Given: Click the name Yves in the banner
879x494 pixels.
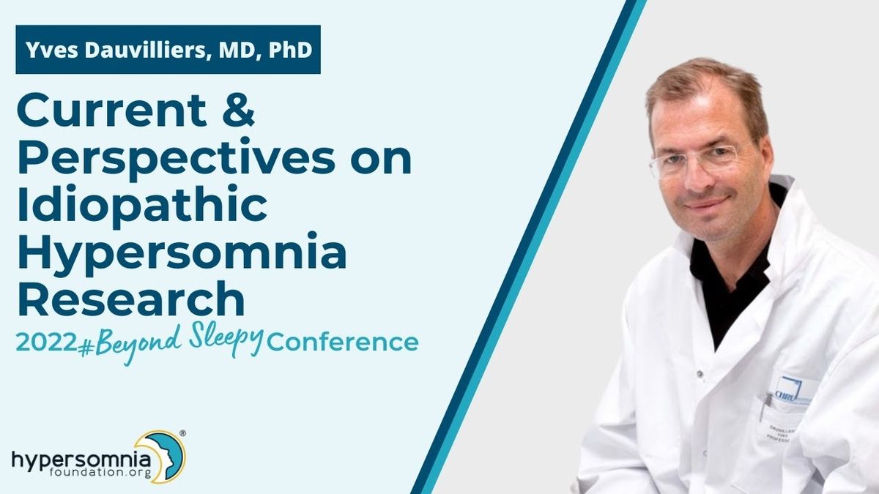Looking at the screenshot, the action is [x=52, y=50].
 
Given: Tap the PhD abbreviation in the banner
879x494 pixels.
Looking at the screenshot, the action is [x=290, y=50].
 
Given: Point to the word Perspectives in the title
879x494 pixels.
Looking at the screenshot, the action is [x=177, y=157].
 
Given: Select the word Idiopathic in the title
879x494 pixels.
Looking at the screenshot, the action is [x=142, y=205].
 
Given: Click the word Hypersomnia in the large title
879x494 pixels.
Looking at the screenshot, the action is [x=182, y=252].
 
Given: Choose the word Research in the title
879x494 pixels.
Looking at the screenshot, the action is [x=131, y=298].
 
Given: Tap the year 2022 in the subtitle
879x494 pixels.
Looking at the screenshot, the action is [x=46, y=343].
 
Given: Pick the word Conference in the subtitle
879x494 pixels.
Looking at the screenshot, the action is [x=343, y=343].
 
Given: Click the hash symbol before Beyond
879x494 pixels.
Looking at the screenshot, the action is [x=85, y=348].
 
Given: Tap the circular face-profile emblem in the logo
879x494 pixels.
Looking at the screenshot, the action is [x=160, y=456].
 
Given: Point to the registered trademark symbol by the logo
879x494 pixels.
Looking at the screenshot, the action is [x=182, y=433].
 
